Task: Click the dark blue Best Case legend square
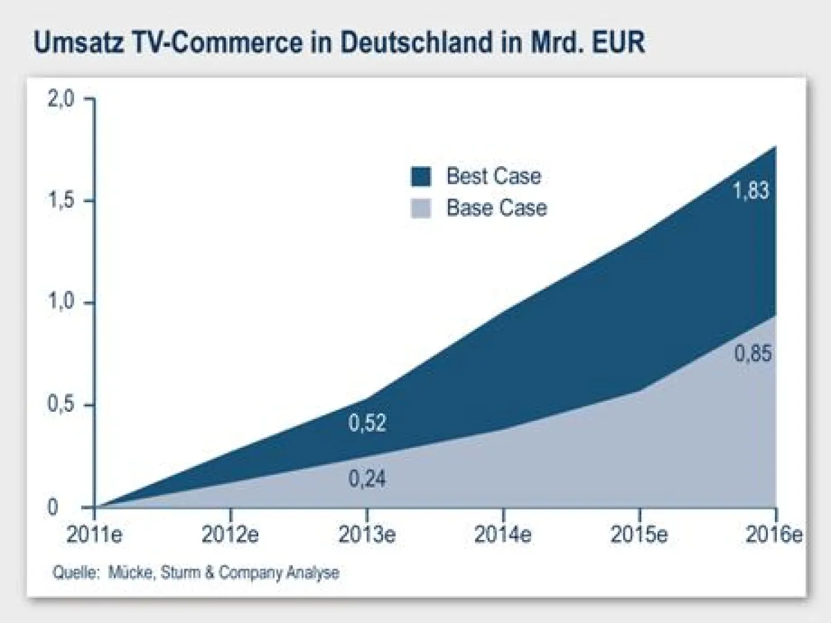coord(420,177)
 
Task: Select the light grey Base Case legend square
coord(420,208)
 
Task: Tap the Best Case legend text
coord(493,176)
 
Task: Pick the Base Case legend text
coord(496,208)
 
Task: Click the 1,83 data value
coord(751,190)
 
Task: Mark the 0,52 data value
coord(367,423)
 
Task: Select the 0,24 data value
coord(367,479)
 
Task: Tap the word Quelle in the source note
coord(70,573)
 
